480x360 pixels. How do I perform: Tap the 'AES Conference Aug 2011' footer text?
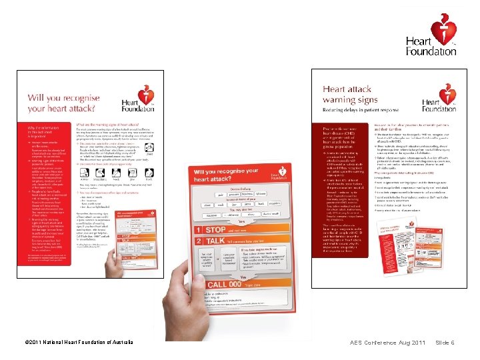pyautogui.click(x=387, y=343)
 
